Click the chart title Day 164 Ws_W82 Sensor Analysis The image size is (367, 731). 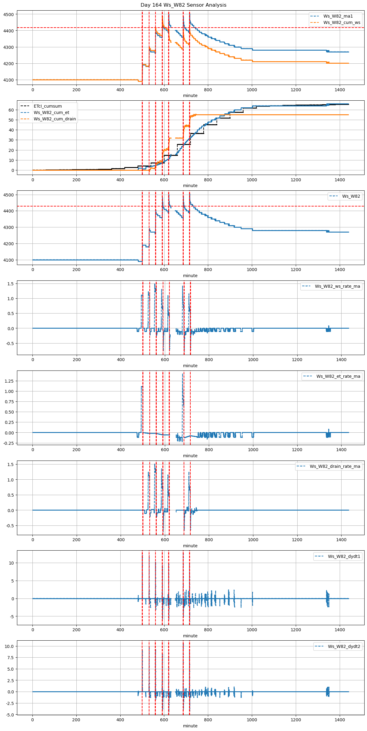[183, 5]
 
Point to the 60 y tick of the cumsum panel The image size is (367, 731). [12, 110]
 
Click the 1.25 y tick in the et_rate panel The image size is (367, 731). [9, 381]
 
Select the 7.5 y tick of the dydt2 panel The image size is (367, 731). [10, 658]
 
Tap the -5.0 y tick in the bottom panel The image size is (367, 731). [9, 715]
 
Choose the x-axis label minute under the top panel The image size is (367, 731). [190, 96]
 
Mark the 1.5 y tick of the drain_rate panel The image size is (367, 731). [10, 464]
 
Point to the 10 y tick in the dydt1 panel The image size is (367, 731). [12, 563]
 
